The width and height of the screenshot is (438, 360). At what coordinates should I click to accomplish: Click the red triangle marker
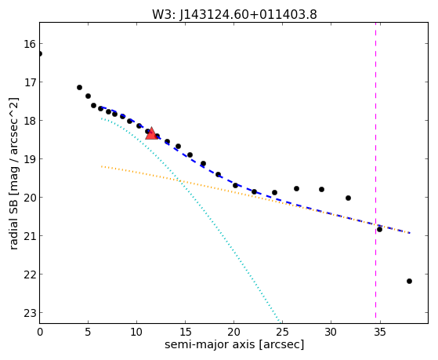(x=151, y=133)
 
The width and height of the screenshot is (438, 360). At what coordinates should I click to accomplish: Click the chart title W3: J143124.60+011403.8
(x=234, y=14)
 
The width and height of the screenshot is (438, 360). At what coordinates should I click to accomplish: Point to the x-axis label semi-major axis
(x=209, y=344)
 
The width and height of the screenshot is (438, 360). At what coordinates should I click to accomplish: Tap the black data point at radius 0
(x=40, y=53)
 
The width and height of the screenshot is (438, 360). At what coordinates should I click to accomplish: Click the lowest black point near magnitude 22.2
(x=409, y=281)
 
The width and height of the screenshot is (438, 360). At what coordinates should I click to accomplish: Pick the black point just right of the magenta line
(x=379, y=229)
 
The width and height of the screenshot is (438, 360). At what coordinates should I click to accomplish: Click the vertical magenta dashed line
(x=375, y=170)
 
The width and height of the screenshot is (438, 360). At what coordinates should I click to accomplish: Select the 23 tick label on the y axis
(x=30, y=313)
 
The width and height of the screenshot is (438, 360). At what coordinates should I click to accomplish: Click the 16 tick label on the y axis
(x=30, y=44)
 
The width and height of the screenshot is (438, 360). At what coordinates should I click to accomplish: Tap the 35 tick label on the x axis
(x=379, y=332)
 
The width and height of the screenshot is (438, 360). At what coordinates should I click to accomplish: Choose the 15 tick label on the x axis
(x=185, y=332)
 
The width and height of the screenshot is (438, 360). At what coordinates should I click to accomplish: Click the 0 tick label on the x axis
(x=40, y=332)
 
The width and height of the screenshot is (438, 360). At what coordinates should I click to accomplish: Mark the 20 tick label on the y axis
(x=30, y=198)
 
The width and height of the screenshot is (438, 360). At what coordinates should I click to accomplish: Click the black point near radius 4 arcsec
(x=79, y=87)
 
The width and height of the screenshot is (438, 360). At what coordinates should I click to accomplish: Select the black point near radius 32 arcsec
(x=348, y=198)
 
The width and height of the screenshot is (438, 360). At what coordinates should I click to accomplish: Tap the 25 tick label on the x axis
(x=282, y=332)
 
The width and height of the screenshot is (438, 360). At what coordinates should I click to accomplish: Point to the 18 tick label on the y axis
(x=30, y=121)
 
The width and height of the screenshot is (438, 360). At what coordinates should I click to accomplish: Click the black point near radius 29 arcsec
(x=321, y=189)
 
